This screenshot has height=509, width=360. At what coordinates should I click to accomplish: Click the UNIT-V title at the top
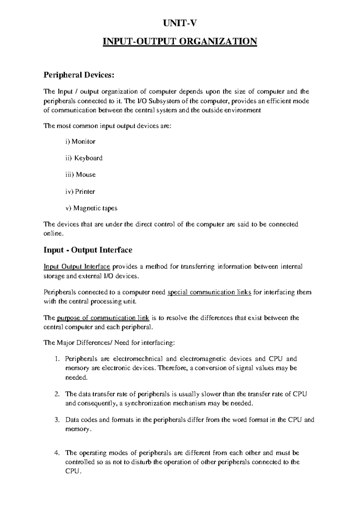(x=180, y=23)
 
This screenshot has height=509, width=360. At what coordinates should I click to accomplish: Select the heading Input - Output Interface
(x=88, y=250)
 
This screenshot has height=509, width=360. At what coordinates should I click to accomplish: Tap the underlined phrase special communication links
(x=209, y=292)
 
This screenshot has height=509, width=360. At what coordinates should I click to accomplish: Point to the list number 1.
(x=58, y=359)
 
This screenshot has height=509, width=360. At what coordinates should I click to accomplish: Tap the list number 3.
(x=58, y=420)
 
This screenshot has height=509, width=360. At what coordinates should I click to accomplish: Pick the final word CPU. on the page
(x=73, y=472)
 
